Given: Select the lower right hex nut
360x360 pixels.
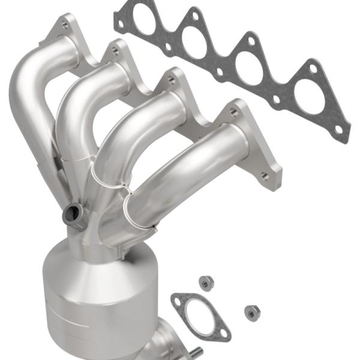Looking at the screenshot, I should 252,311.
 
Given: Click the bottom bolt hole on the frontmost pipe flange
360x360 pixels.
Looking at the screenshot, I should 264,176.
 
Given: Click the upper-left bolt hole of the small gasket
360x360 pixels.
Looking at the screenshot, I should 178,298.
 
